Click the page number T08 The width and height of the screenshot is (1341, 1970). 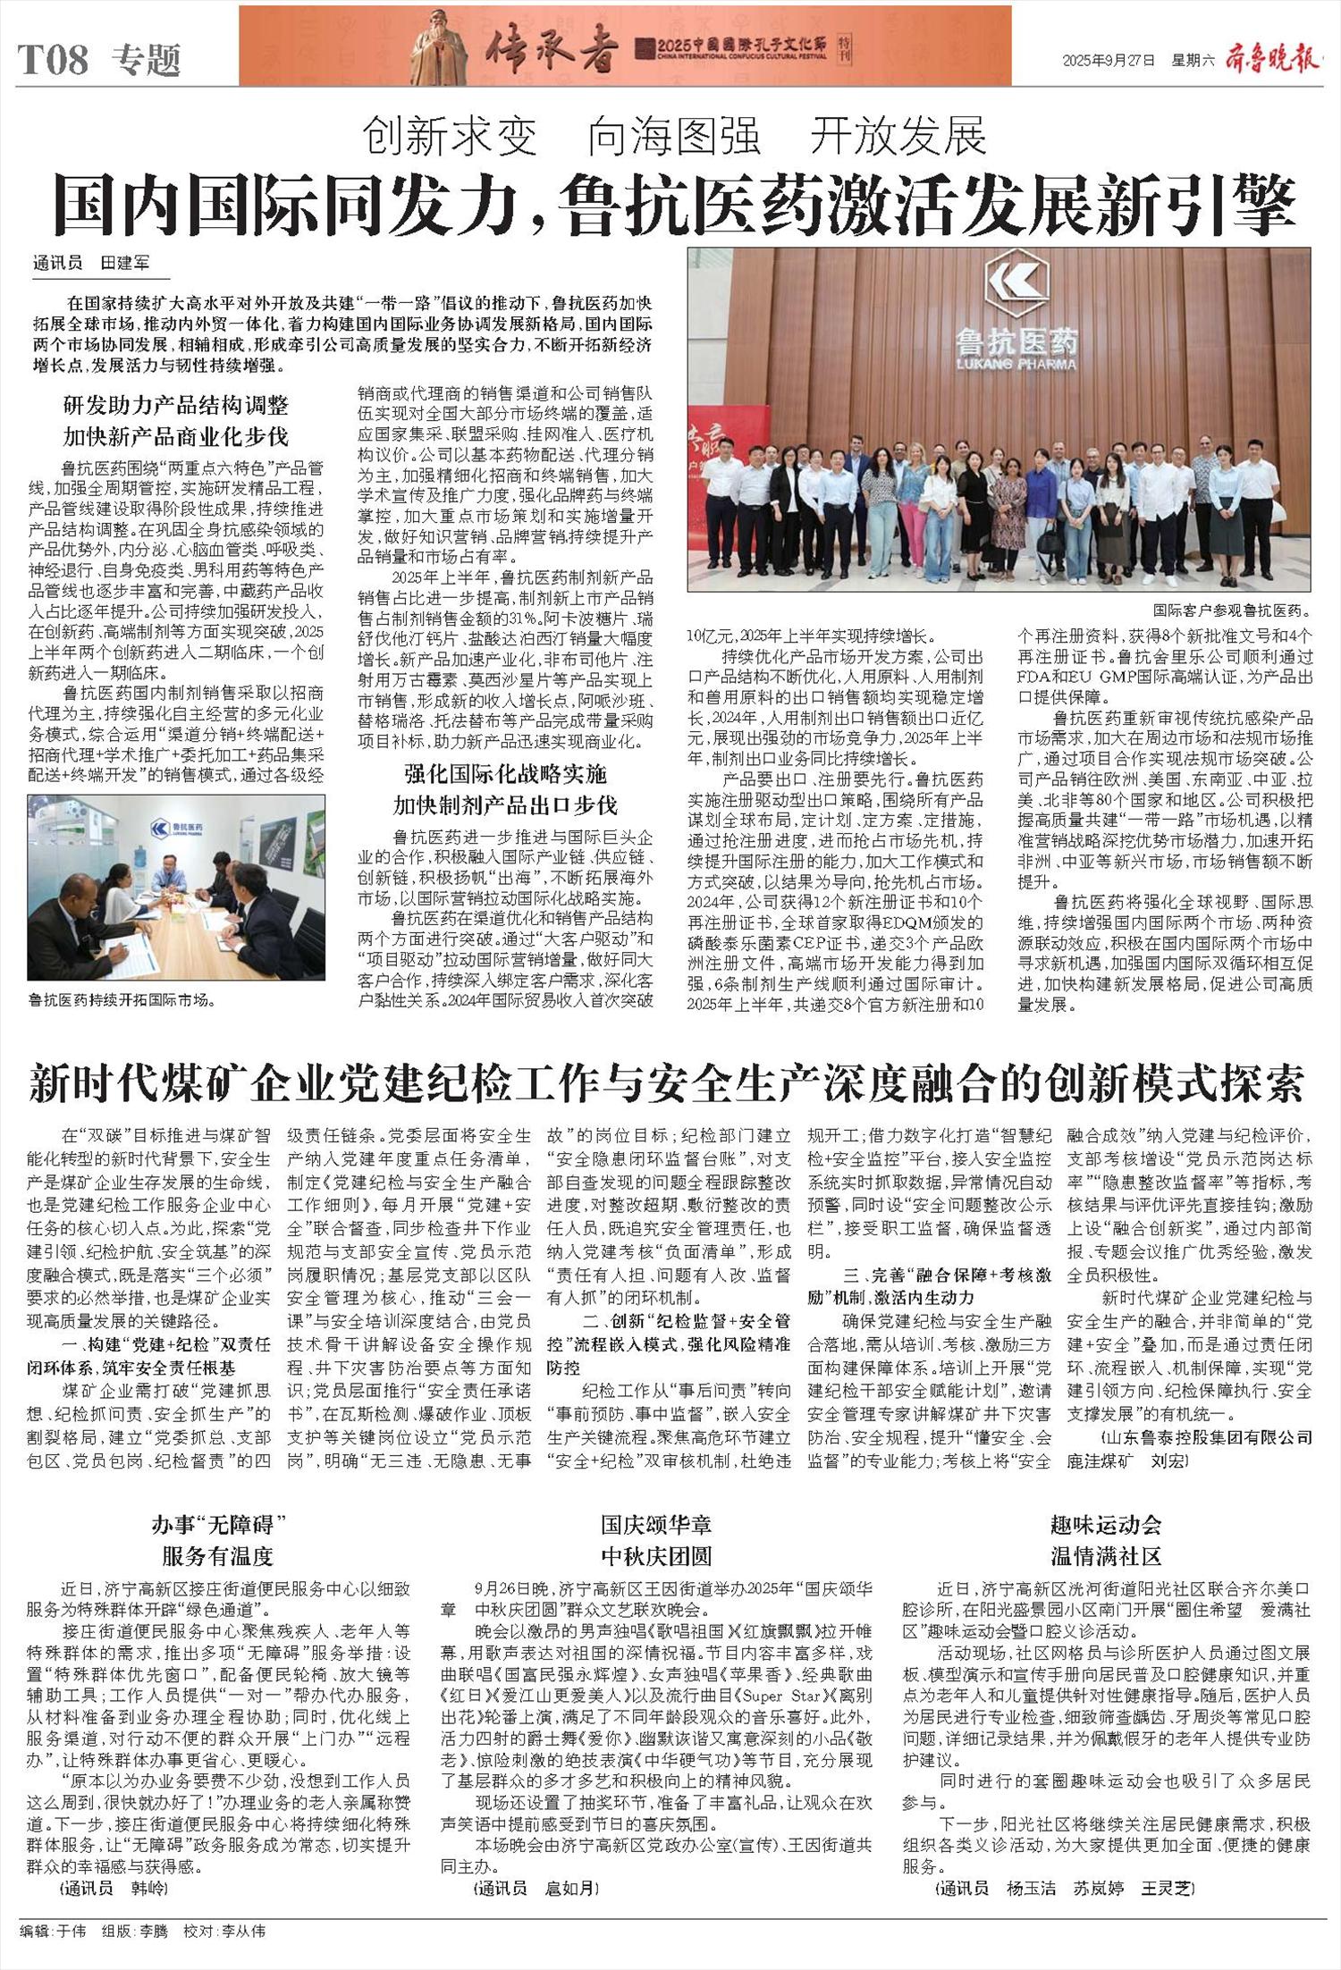55,60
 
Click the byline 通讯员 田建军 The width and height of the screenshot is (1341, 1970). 91,263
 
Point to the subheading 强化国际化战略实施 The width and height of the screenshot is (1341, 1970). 505,774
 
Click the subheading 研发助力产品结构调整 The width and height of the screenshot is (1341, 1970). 176,405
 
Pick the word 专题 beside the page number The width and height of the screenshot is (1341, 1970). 147,60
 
